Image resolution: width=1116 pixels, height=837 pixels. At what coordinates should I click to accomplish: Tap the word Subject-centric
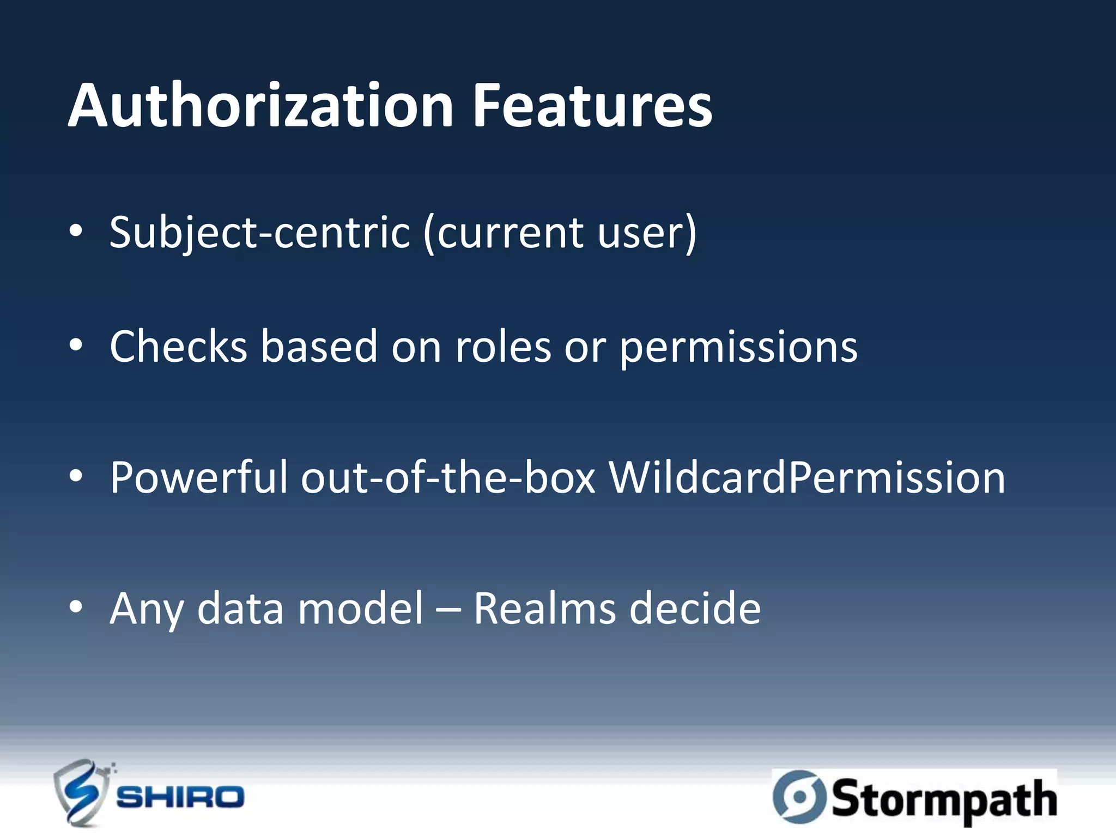point(259,233)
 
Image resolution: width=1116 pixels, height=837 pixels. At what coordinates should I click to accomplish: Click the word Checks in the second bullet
point(179,347)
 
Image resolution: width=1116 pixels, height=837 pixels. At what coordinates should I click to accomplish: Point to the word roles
point(503,348)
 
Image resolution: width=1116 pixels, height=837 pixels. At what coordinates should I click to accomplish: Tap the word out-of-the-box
point(448,477)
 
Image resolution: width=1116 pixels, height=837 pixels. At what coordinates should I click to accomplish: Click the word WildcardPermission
point(806,477)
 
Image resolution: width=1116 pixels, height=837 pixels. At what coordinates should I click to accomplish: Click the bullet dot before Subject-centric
point(76,231)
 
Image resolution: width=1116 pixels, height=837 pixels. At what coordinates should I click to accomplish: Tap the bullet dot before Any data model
point(76,606)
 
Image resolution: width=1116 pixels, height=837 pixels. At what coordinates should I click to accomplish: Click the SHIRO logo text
point(180,797)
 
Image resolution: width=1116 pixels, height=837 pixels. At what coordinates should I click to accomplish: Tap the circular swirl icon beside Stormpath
point(799,797)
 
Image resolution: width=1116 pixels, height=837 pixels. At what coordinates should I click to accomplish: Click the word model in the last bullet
point(360,608)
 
